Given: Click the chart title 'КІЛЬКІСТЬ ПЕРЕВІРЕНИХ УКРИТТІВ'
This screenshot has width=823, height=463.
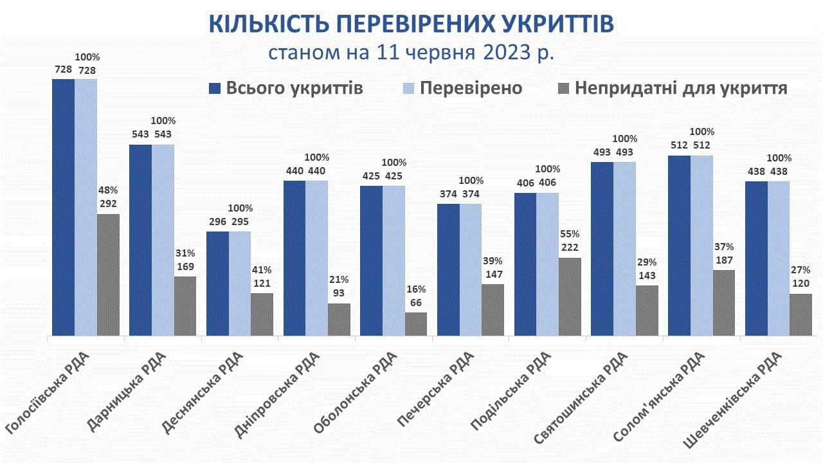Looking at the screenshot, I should (411, 24).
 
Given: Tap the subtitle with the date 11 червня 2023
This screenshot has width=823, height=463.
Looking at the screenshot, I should (411, 52).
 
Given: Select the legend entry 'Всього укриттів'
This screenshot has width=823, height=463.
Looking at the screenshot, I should (286, 88).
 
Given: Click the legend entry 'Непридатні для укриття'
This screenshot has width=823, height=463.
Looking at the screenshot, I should (672, 88).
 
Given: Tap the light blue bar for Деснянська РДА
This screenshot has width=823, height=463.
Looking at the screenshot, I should (240, 283).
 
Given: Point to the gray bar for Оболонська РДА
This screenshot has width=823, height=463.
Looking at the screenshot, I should (416, 324).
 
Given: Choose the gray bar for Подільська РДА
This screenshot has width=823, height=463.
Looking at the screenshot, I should (570, 296).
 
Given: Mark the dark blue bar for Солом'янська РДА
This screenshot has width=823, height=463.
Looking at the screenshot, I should (679, 245).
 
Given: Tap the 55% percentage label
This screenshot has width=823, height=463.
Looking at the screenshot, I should (570, 234).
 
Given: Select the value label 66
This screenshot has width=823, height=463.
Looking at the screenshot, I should (416, 303).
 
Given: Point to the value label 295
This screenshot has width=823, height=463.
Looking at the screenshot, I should (240, 222).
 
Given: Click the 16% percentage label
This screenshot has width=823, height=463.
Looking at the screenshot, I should (416, 289).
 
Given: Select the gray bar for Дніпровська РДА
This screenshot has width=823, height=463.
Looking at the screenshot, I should (339, 319).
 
